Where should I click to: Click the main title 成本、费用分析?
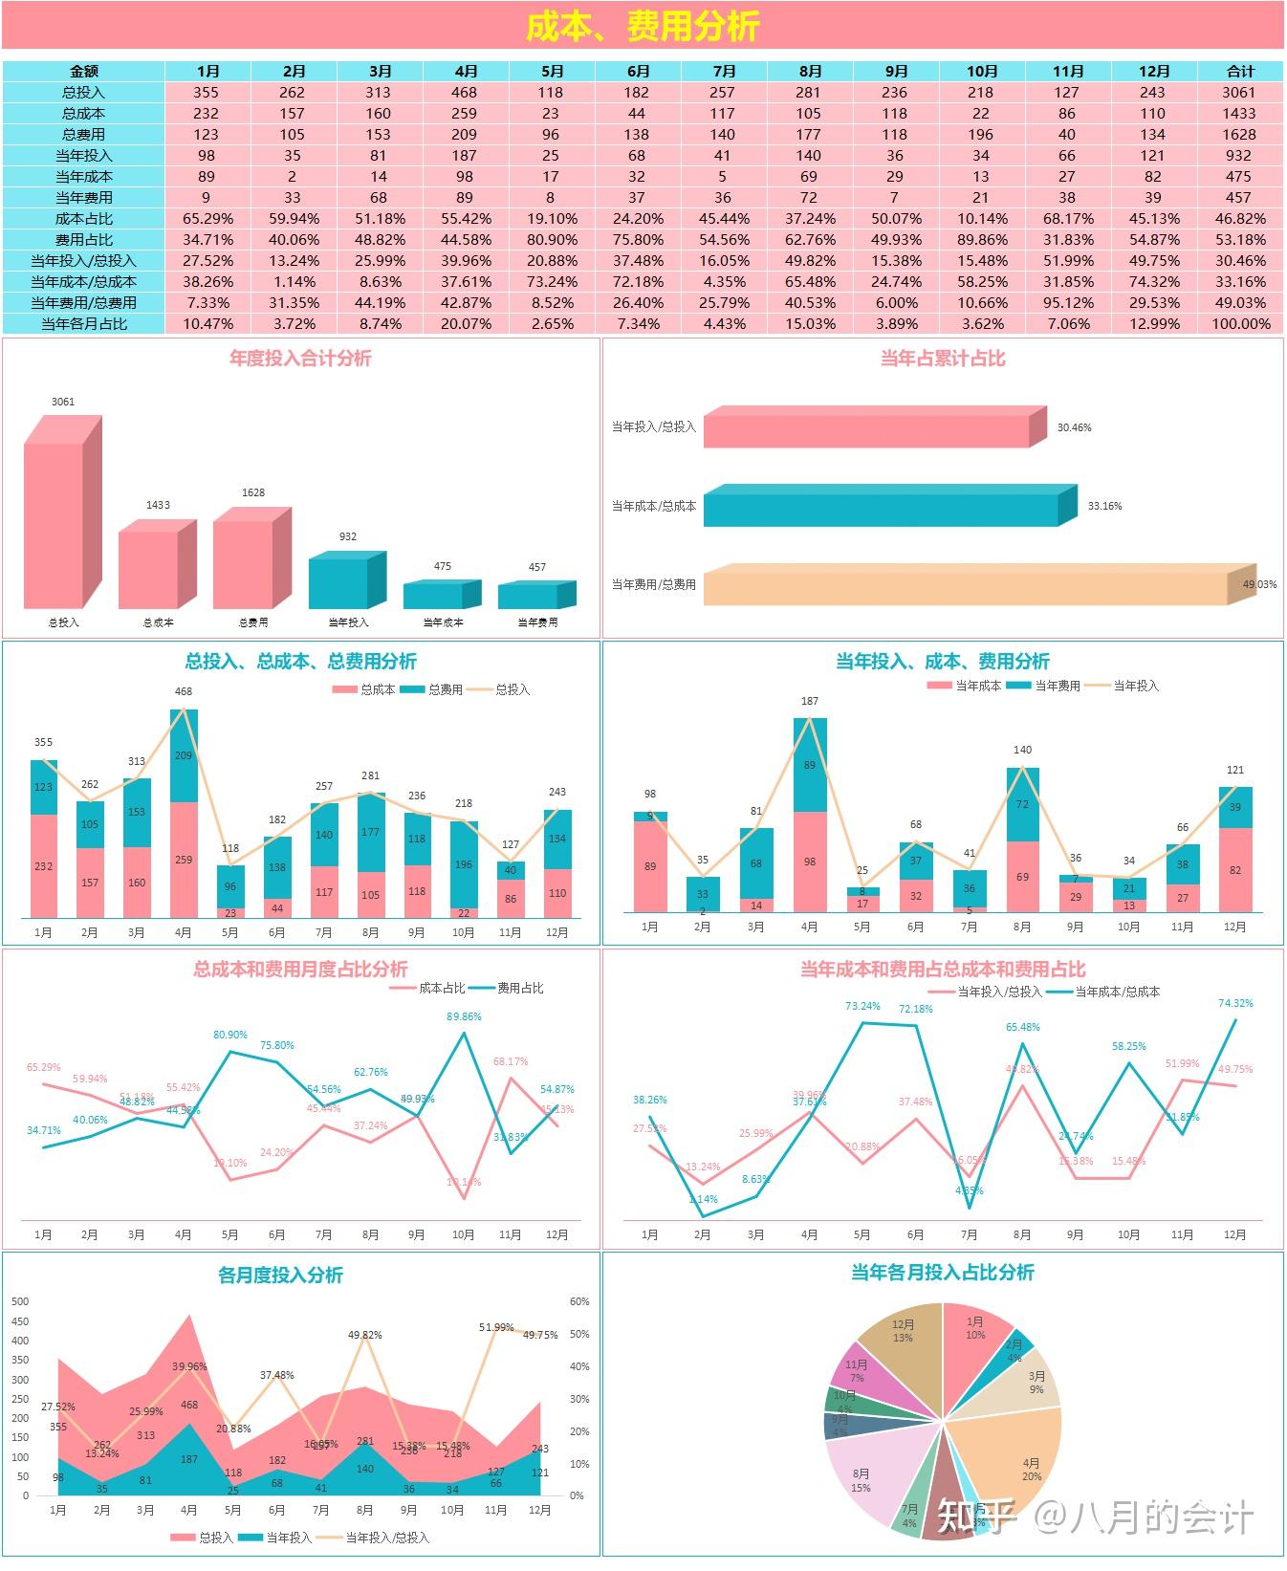(x=643, y=26)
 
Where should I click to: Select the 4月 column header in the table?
(x=466, y=71)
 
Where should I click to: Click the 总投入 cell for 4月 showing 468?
(x=465, y=92)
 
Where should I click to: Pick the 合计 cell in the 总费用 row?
(x=1239, y=134)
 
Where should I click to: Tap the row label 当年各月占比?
(x=84, y=323)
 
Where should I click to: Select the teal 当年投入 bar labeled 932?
(x=338, y=583)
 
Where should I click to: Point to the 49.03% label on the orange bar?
(x=1259, y=584)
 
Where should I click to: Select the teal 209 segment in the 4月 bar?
(x=184, y=755)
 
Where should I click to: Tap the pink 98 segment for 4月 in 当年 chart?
(x=810, y=862)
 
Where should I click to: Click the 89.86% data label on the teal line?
(x=464, y=1016)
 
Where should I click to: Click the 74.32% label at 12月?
(x=1235, y=1003)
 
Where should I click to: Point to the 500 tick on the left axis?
(x=21, y=1301)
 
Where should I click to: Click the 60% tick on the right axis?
(x=579, y=1301)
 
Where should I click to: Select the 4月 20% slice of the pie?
(x=1014, y=1453)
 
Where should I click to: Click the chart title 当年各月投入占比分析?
(x=942, y=1272)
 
